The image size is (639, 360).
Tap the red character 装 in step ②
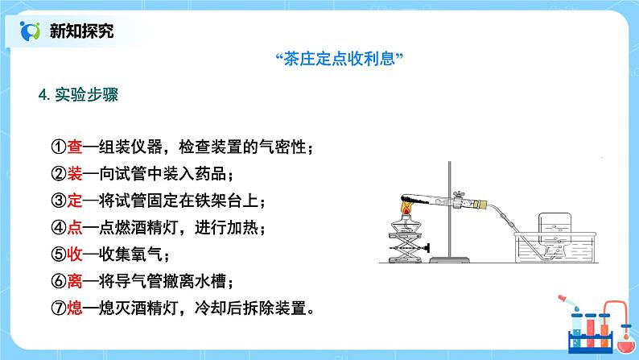coord(75,175)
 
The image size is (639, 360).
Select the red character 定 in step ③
coord(75,201)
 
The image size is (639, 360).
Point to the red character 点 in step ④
coord(75,229)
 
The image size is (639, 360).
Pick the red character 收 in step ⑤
coord(75,255)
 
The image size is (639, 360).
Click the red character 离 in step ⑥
coord(75,282)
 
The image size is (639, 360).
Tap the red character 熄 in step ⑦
coord(75,308)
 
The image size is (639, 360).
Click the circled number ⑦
coord(58,308)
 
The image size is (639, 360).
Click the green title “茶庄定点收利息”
coord(338,59)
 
